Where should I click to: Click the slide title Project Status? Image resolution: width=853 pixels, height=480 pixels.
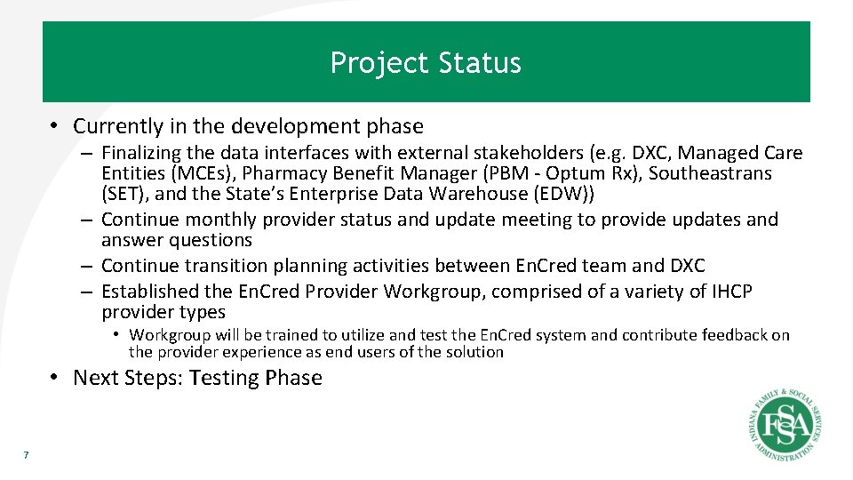[x=426, y=63]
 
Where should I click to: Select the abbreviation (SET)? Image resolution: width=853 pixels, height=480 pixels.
[x=124, y=194]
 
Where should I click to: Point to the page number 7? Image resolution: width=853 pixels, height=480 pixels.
[x=26, y=456]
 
